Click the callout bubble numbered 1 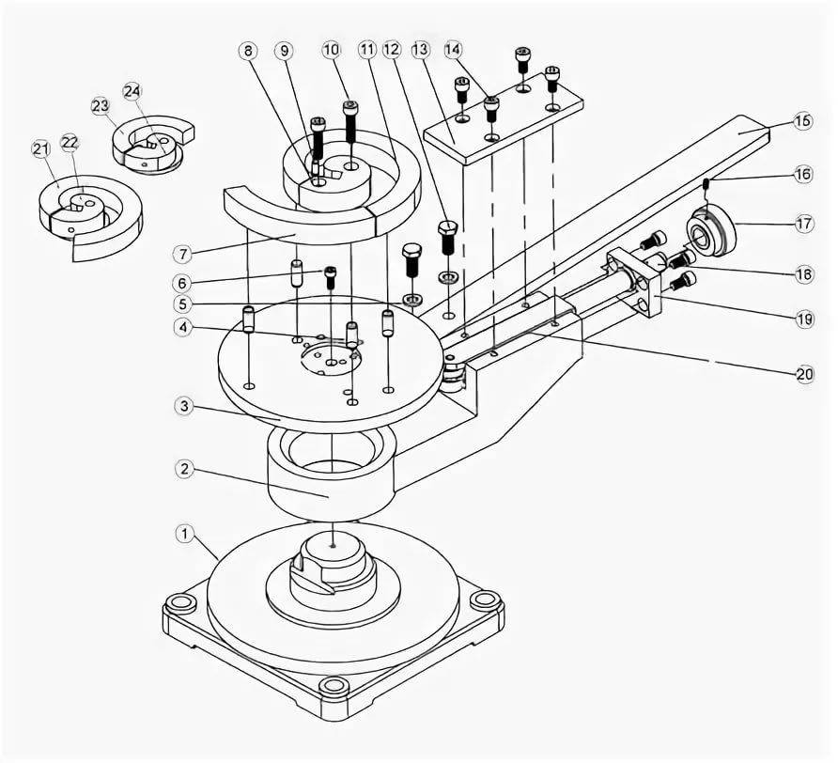coord(185,534)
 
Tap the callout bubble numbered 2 coord(184,470)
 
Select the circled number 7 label coord(183,254)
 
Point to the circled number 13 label coord(421,50)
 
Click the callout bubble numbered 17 coord(804,223)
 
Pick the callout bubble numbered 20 coord(804,374)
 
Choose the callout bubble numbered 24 coord(132,91)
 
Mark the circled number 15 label coord(802,121)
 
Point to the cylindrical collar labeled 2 coord(332,475)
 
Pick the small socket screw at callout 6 coord(332,277)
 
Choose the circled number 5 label coord(184,304)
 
